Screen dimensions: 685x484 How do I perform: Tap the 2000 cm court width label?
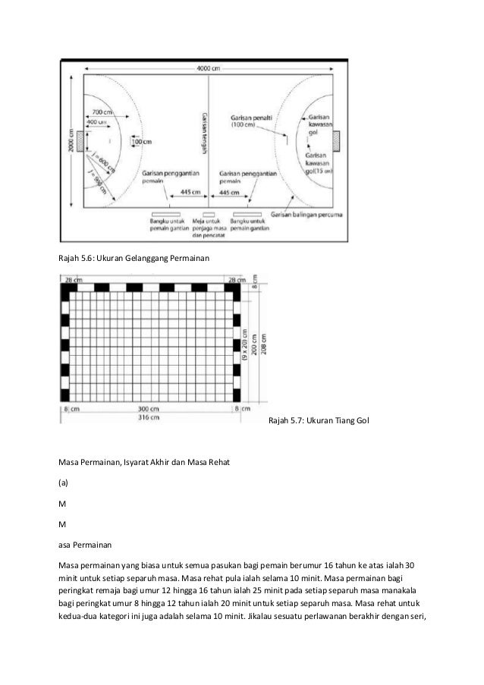point(71,140)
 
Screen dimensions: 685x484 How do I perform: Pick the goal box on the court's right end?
point(336,140)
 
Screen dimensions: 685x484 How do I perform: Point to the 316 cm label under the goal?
point(158,417)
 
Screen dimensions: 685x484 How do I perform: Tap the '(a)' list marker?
point(64,482)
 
